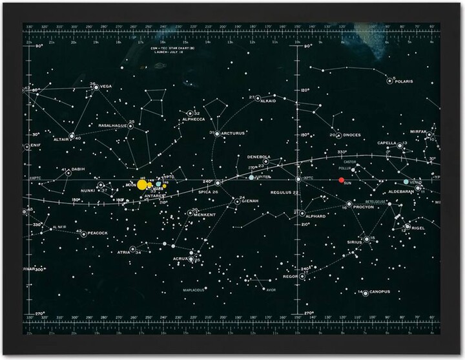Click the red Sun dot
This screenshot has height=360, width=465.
point(342,180)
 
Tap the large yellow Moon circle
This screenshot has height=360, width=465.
point(142,185)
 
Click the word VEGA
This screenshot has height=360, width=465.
point(105,87)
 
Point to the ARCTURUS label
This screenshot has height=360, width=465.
point(232,134)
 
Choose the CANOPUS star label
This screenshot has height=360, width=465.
point(380,292)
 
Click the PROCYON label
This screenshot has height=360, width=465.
point(364,207)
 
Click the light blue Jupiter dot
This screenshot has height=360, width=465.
point(251,177)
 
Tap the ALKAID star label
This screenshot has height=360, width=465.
point(267,101)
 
